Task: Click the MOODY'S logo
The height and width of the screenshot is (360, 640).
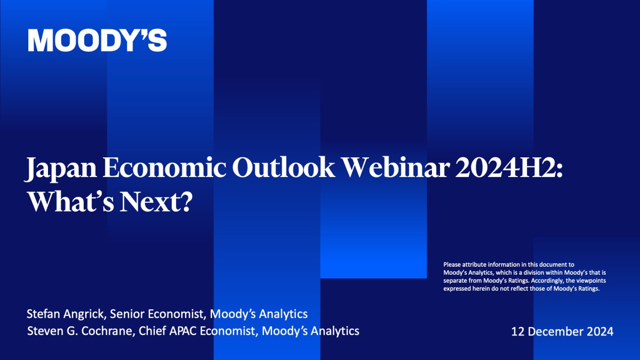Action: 97,41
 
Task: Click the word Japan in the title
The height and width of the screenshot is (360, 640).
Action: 61,169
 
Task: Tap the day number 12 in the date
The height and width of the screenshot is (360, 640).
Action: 518,331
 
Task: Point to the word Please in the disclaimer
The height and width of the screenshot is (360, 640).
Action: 452,265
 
